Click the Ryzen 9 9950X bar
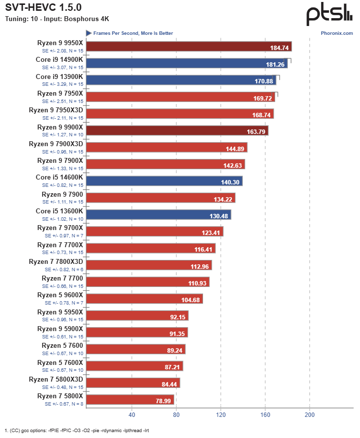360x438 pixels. pos(189,47)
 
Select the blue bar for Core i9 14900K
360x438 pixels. pos(187,64)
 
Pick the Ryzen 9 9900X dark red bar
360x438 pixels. pos(178,131)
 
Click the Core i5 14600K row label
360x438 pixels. pos(59,177)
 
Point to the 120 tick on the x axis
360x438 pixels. pos(221,414)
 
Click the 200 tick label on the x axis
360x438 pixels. pos(309,414)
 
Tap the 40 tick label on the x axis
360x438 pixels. pos(131,414)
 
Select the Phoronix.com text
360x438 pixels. pos(337,33)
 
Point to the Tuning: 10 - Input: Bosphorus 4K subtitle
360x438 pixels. pos(57,19)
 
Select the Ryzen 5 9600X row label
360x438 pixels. pos(60,295)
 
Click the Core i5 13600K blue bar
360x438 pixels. pos(159,215)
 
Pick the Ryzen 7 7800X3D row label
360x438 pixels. pos(56,261)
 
